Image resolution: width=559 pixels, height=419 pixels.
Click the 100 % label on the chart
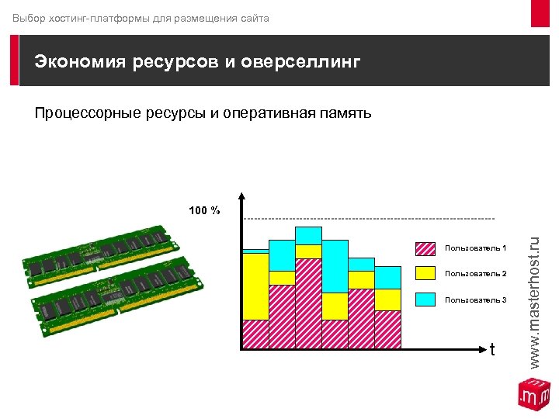[205, 210]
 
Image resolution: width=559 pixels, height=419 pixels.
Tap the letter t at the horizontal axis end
[492, 351]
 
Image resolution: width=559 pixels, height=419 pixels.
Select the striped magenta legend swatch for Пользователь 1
[425, 248]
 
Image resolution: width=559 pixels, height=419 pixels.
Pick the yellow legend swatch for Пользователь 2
[425, 273]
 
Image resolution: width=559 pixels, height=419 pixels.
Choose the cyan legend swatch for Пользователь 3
[425, 299]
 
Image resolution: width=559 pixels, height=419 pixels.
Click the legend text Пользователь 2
[475, 274]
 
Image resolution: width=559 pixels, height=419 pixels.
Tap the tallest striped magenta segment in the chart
[308, 303]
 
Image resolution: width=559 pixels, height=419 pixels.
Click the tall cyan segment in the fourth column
[335, 266]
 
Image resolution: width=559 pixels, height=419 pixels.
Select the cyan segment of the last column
[387, 277]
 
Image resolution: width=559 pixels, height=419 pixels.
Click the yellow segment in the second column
[282, 278]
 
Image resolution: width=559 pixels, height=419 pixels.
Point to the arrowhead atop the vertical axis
[243, 197]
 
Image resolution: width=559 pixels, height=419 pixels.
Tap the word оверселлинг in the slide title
[301, 62]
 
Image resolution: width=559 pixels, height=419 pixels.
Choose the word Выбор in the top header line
[29, 17]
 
